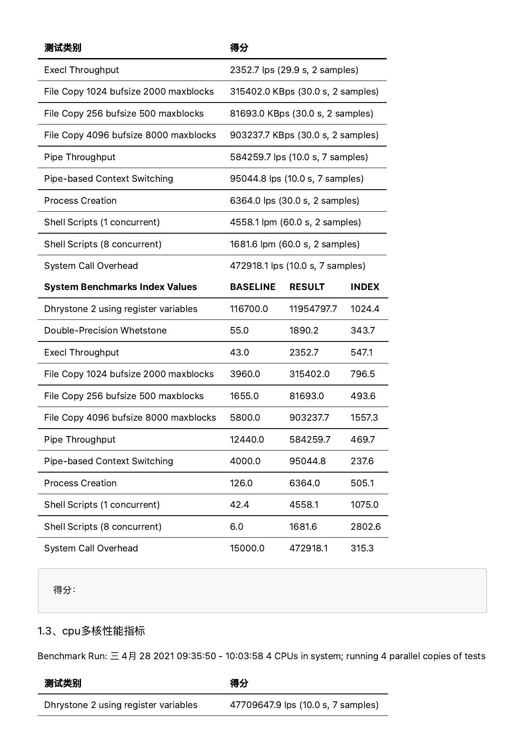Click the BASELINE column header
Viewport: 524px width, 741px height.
252,287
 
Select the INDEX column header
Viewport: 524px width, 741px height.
365,287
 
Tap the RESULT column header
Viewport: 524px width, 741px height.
306,287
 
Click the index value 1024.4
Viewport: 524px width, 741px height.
365,309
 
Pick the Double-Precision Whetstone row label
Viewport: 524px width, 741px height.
105,330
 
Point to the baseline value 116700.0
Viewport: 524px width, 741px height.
248,309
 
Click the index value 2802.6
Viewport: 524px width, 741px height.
365,527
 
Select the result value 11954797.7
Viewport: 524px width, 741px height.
313,309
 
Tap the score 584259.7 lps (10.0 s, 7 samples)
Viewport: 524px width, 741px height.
299,157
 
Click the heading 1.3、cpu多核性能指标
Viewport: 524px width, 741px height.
91,631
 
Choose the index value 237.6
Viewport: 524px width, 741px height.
362,461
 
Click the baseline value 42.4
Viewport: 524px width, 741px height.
239,505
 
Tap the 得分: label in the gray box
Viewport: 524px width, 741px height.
64,590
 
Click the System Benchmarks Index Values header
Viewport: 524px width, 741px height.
120,287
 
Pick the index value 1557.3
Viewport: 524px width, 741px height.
364,418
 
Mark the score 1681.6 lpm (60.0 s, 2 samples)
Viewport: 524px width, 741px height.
295,244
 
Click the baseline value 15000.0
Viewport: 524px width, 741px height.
247,548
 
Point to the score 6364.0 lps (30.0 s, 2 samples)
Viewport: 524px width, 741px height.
294,201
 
